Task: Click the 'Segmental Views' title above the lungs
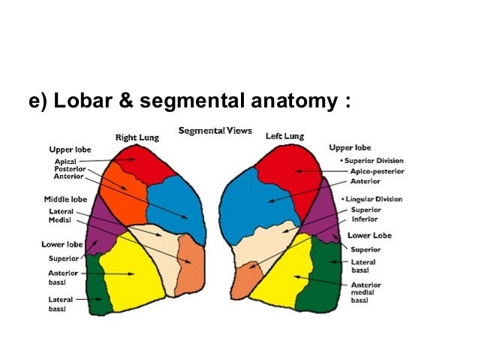(215, 131)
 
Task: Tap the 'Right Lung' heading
(136, 138)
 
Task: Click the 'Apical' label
(65, 161)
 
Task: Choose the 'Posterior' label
(68, 169)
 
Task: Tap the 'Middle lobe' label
(65, 199)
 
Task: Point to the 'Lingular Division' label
(373, 198)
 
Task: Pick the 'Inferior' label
(365, 219)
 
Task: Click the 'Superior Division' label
(374, 160)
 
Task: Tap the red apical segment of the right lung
(138, 164)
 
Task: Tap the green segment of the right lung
(98, 286)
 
